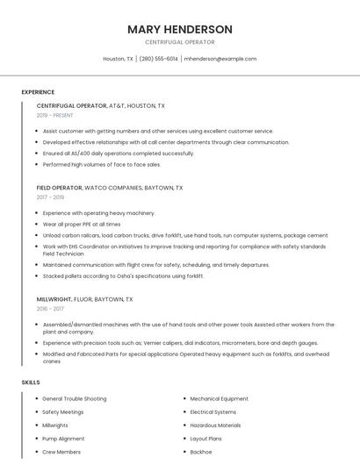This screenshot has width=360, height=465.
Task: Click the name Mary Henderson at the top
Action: (180, 29)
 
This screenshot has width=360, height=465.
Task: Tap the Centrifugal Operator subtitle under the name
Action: (180, 42)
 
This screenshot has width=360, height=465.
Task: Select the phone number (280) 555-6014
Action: (158, 59)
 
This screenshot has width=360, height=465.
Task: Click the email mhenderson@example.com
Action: (220, 59)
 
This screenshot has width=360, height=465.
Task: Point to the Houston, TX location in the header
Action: (118, 59)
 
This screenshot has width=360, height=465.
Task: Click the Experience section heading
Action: (38, 92)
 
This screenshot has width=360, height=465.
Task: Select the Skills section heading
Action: (31, 383)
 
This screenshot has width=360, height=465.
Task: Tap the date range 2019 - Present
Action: (54, 115)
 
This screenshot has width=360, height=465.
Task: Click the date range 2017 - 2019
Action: (50, 197)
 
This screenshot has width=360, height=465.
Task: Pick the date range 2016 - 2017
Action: (50, 309)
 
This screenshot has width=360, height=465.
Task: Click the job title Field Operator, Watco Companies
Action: (109, 188)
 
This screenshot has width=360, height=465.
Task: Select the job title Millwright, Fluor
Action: (84, 299)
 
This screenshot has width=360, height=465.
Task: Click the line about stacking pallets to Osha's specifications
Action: (123, 275)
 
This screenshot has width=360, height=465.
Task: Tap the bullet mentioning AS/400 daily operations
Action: (118, 153)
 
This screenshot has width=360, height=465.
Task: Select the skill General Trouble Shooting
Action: (74, 398)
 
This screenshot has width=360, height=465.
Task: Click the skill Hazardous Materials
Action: (215, 425)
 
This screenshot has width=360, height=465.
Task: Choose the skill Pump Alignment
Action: (63, 438)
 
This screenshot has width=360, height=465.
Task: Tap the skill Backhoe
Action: (201, 451)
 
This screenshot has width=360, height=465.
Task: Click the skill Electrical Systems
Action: (213, 411)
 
